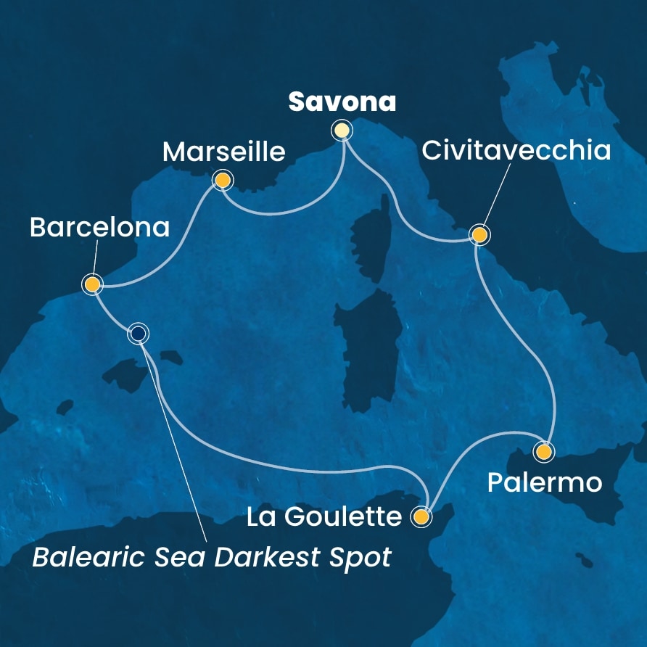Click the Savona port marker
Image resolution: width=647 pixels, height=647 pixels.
click(x=342, y=131)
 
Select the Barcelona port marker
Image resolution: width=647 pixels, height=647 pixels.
click(x=92, y=284)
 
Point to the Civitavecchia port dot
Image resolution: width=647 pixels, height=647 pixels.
click(x=479, y=235)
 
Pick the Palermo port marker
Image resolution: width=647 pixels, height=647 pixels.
click(x=543, y=452)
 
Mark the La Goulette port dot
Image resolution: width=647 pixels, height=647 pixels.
click(x=421, y=516)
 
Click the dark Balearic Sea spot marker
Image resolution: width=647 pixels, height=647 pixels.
click(x=138, y=334)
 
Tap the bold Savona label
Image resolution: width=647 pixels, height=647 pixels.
click(x=342, y=102)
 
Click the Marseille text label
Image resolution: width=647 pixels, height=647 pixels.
click(x=223, y=152)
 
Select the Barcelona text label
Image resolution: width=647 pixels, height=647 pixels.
click(x=99, y=228)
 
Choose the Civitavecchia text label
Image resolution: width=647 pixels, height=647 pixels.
click(x=516, y=152)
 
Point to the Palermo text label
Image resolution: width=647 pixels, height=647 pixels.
click(x=545, y=482)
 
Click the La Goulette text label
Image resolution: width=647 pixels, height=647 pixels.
click(x=324, y=517)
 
